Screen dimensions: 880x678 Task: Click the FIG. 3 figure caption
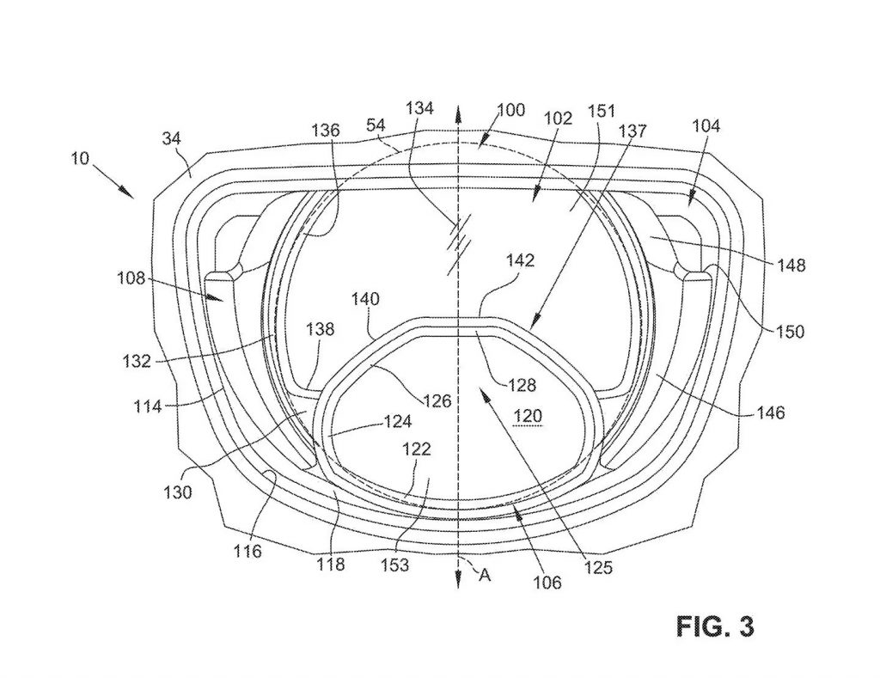(x=715, y=626)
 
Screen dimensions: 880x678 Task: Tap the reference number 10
(x=80, y=159)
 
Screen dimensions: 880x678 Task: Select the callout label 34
(x=172, y=138)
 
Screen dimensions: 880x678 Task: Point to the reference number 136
(x=326, y=130)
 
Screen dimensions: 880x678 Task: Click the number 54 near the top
(x=376, y=125)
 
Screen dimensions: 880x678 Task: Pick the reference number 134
(x=419, y=107)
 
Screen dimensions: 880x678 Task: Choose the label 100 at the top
(x=510, y=109)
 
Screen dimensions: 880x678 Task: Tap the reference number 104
(x=706, y=125)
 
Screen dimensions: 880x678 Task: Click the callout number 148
(x=791, y=265)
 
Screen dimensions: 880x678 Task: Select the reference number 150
(x=790, y=331)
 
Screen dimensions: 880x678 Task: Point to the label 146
(x=770, y=413)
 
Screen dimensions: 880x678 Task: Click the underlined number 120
(x=528, y=416)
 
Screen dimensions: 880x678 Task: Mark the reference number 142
(x=520, y=260)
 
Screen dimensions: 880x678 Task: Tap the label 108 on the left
(x=131, y=278)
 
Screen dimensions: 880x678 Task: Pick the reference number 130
(x=177, y=492)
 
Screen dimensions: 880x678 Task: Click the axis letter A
(x=485, y=574)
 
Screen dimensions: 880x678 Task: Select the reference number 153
(x=395, y=565)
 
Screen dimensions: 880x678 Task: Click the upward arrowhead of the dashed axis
(x=459, y=114)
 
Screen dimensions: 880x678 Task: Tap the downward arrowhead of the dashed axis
(x=459, y=580)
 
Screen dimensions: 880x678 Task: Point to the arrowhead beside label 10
(x=127, y=192)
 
